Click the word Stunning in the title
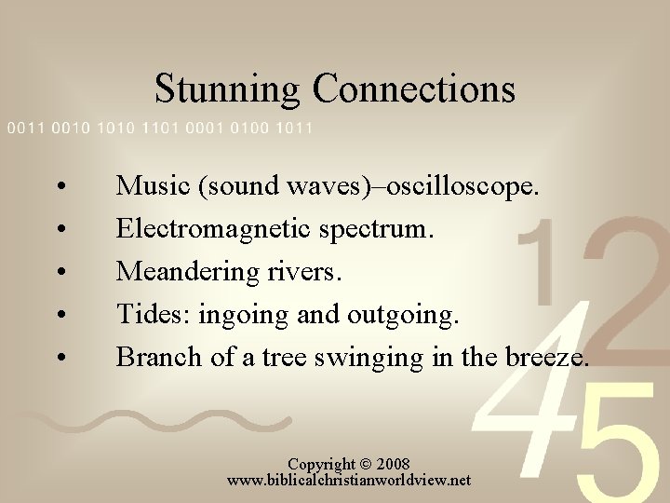(227, 89)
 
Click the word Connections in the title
(413, 89)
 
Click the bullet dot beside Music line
(60, 187)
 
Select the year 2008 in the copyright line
(392, 464)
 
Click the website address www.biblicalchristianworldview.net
(349, 481)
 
